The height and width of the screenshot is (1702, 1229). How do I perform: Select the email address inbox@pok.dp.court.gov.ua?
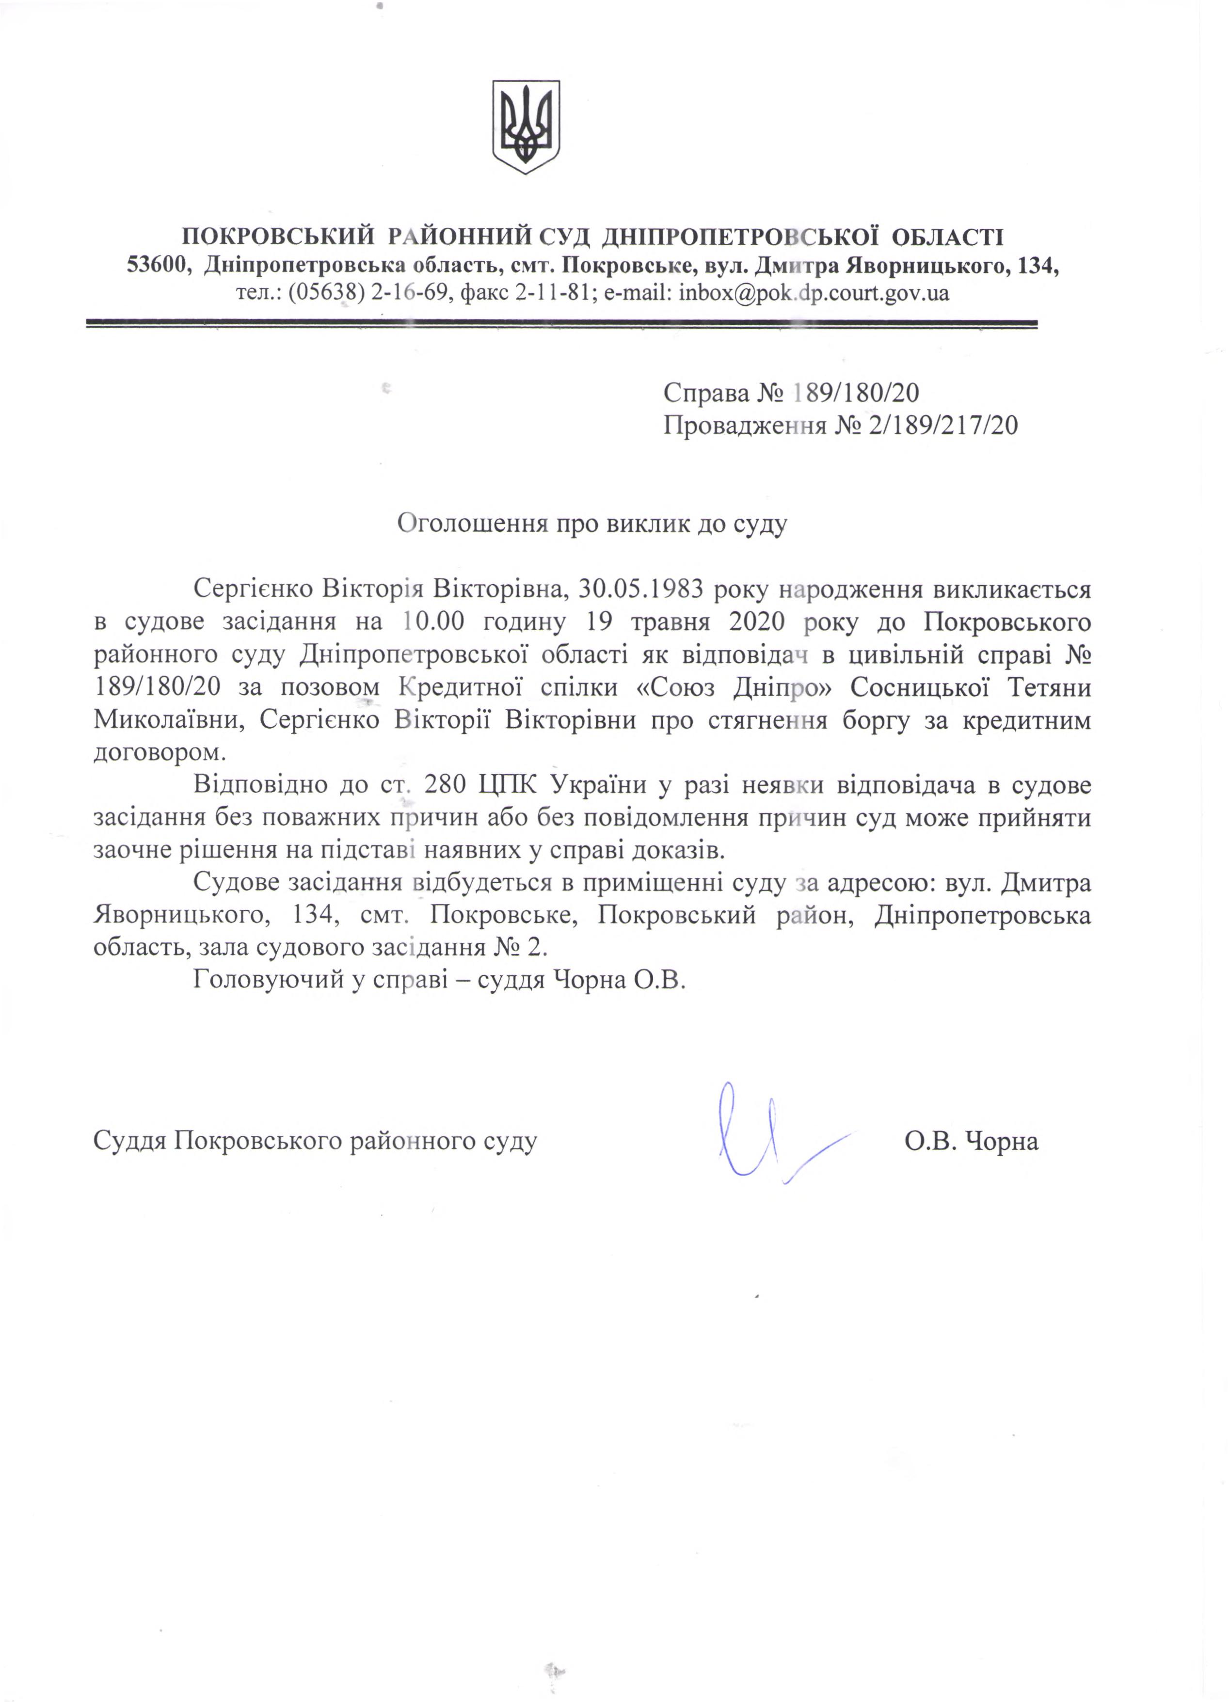pyautogui.click(x=814, y=292)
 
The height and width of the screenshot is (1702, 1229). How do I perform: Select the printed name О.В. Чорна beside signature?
pyautogui.click(x=972, y=1142)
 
